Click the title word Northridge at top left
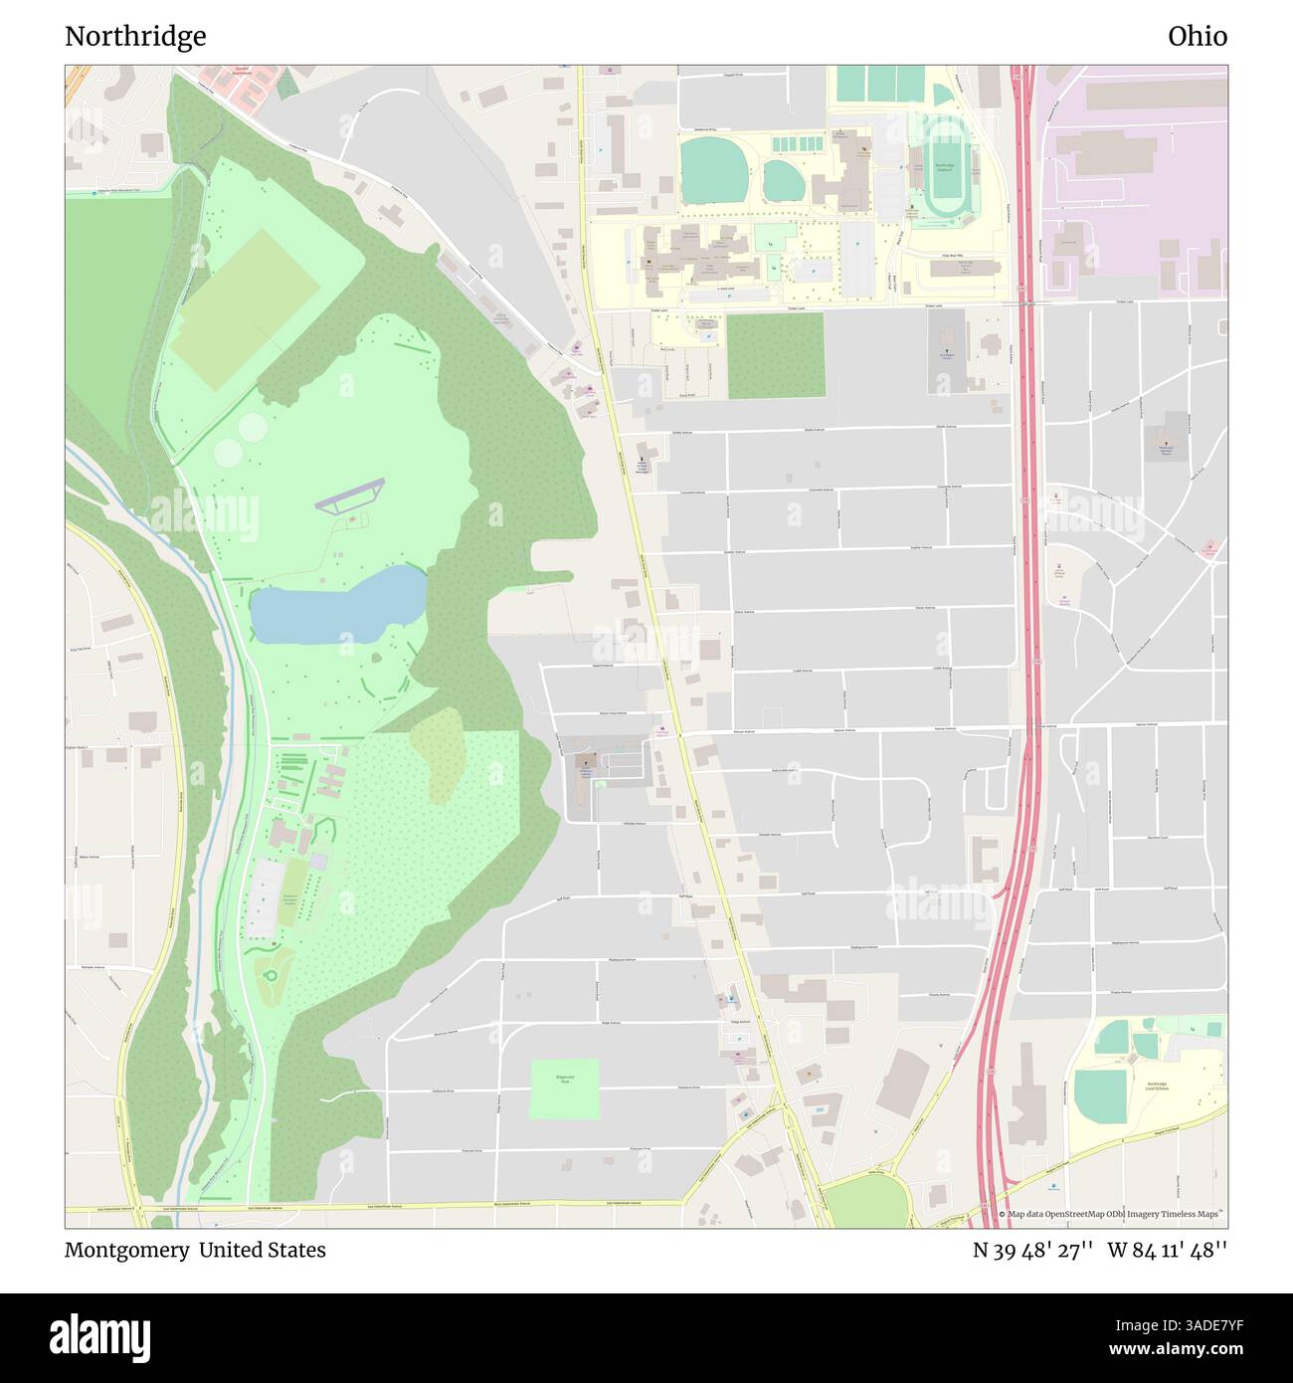tap(135, 37)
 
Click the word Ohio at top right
tap(1197, 37)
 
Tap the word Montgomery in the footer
tap(126, 1250)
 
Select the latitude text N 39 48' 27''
tap(1033, 1250)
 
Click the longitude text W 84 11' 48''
tap(1167, 1250)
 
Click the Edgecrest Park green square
tap(565, 1088)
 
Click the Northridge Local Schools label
tap(1156, 1087)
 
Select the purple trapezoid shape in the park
tap(350, 494)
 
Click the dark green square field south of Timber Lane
tap(776, 356)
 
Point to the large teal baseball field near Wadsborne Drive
tap(713, 167)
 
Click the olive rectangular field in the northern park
tap(244, 309)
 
